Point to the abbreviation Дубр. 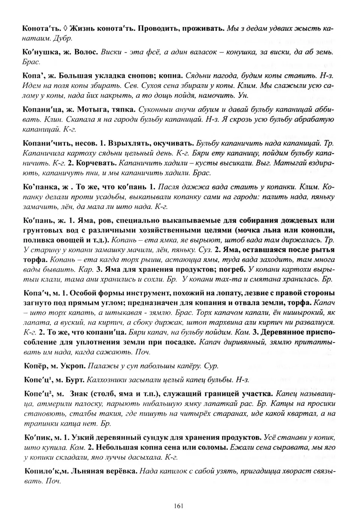pos(62,38)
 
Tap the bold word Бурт pos(75,380)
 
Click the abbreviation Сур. pos(211,365)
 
